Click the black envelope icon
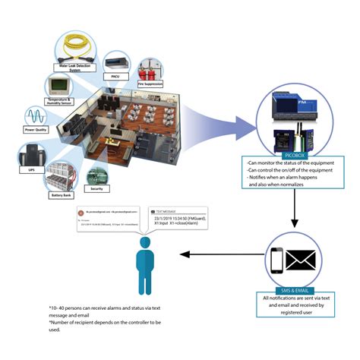tap(301, 261)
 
